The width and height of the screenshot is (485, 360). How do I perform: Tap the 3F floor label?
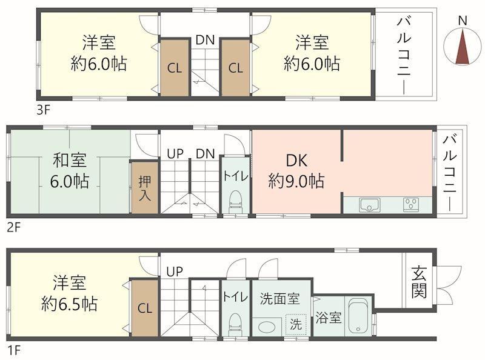tap(43, 110)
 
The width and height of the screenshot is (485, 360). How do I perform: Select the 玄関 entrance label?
tap(419, 282)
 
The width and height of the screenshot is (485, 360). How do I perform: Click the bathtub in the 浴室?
tap(359, 316)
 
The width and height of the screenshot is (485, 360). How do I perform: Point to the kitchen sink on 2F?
tap(369, 205)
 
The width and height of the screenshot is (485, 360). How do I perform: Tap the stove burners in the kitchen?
tap(412, 205)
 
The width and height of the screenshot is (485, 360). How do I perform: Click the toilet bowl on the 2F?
tap(236, 201)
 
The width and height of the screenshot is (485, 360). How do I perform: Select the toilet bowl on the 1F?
tap(235, 325)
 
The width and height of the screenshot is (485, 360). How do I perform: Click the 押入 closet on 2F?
tap(145, 187)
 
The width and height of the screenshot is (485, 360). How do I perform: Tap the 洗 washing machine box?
tap(296, 324)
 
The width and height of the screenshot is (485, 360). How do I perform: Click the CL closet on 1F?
tap(145, 308)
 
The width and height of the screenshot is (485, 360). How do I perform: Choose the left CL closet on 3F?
tap(175, 68)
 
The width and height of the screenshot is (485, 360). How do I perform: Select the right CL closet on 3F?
tap(235, 68)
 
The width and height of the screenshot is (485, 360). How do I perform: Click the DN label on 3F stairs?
tap(205, 39)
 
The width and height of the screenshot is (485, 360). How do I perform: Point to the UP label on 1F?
tap(175, 272)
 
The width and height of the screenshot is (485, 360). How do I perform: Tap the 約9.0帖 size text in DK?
tap(296, 181)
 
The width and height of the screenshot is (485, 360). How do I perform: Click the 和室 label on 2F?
tap(70, 160)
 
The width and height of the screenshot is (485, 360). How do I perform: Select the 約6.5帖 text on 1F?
tap(70, 304)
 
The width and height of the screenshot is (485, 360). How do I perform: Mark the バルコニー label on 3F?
tap(404, 56)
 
